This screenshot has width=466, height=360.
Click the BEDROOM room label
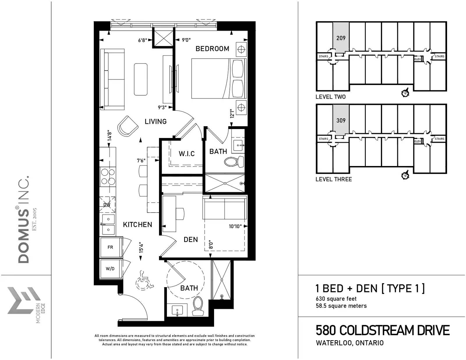pyautogui.click(x=212, y=49)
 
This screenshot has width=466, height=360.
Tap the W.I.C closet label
pyautogui.click(x=187, y=153)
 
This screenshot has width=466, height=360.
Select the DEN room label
pyautogui.click(x=191, y=239)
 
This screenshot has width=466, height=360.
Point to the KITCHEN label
pyautogui.click(x=137, y=225)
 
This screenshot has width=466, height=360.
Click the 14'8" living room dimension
pyautogui.click(x=110, y=135)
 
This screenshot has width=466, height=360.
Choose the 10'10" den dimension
pyautogui.click(x=235, y=226)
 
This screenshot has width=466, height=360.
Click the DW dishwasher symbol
pyautogui.click(x=107, y=204)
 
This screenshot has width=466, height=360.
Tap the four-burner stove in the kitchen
pyautogui.click(x=108, y=177)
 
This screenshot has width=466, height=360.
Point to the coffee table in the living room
pyautogui.click(x=141, y=79)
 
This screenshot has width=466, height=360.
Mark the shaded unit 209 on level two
pyautogui.click(x=341, y=38)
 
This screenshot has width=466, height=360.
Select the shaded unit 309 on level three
pyautogui.click(x=341, y=120)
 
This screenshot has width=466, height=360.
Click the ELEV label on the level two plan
pyautogui.click(x=417, y=59)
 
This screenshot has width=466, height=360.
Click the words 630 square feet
pyautogui.click(x=336, y=299)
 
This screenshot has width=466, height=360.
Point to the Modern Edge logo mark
pyautogui.click(x=24, y=300)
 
